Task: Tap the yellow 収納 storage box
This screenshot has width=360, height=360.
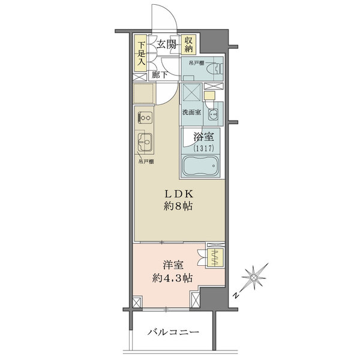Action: point(188,44)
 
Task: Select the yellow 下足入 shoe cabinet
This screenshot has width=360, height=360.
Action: point(140,53)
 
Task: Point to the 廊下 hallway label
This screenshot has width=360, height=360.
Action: point(160,75)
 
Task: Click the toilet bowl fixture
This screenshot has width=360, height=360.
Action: point(213,68)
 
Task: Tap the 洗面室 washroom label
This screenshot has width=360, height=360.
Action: point(192,112)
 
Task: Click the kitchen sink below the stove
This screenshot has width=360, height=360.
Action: point(145,142)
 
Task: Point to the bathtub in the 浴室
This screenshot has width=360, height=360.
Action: point(200,166)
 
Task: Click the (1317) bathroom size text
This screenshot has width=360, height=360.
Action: point(203,148)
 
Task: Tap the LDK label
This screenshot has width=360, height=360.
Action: point(179,194)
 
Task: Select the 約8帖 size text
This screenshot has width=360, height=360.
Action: point(178,206)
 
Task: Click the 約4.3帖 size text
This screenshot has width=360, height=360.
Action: point(172,278)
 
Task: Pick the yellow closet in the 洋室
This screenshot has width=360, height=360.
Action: point(215,257)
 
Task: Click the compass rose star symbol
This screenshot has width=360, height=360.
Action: point(254,278)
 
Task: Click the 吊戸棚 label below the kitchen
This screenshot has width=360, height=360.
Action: point(146,161)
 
